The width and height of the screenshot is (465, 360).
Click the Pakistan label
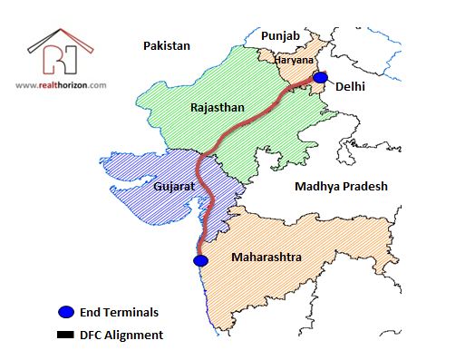coord(166,44)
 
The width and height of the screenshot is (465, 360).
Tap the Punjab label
coord(279,34)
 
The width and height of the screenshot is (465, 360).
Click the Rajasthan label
coord(218,107)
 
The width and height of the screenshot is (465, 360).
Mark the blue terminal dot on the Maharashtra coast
coord(201,260)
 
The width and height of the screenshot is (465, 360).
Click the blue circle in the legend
coord(65,313)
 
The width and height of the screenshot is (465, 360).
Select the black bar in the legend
coord(65,336)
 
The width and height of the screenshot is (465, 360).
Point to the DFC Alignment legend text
coord(121,336)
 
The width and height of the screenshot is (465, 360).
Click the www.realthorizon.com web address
coord(61,85)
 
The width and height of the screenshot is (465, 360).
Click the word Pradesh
coord(365,186)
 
